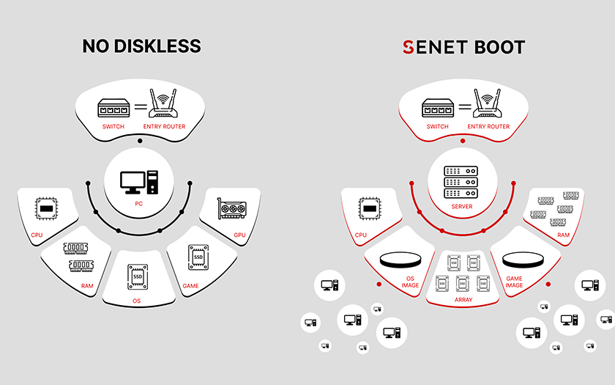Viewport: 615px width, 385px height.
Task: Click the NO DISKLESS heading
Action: pyautogui.click(x=141, y=46)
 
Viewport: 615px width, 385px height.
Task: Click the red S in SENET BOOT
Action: pyautogui.click(x=409, y=47)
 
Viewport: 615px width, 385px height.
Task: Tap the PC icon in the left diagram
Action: pyautogui.click(x=139, y=183)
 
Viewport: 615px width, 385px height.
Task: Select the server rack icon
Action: pyautogui.click(x=461, y=182)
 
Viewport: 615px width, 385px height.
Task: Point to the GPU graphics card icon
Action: pyautogui.click(x=232, y=208)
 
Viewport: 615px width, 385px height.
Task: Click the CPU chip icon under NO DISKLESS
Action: pyautogui.click(x=46, y=208)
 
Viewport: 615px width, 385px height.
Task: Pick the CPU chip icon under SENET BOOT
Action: pyautogui.click(x=370, y=208)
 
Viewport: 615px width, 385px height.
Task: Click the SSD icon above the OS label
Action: pyautogui.click(x=138, y=276)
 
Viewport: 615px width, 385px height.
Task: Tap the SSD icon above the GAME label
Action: pyautogui.click(x=198, y=257)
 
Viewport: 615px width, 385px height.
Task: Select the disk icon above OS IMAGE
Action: pyautogui.click(x=400, y=260)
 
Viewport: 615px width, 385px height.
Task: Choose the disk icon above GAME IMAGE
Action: pyautogui.click(x=523, y=260)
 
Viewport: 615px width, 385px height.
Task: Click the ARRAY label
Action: pyautogui.click(x=463, y=300)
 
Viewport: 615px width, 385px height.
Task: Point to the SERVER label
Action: pyautogui.click(x=462, y=206)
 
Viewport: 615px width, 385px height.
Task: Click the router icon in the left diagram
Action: pyautogui.click(x=163, y=103)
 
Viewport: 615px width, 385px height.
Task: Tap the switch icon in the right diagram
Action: pyautogui.click(x=438, y=108)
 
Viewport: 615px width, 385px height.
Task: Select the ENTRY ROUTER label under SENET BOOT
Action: pyautogui.click(x=488, y=126)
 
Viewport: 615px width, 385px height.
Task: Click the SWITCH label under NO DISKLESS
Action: pyautogui.click(x=113, y=126)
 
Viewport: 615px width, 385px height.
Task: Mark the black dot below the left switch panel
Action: pyautogui.click(x=140, y=141)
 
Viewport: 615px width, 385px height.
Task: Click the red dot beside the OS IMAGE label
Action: pyautogui.click(x=379, y=284)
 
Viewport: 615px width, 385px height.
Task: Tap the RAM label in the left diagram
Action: pyautogui.click(x=87, y=285)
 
